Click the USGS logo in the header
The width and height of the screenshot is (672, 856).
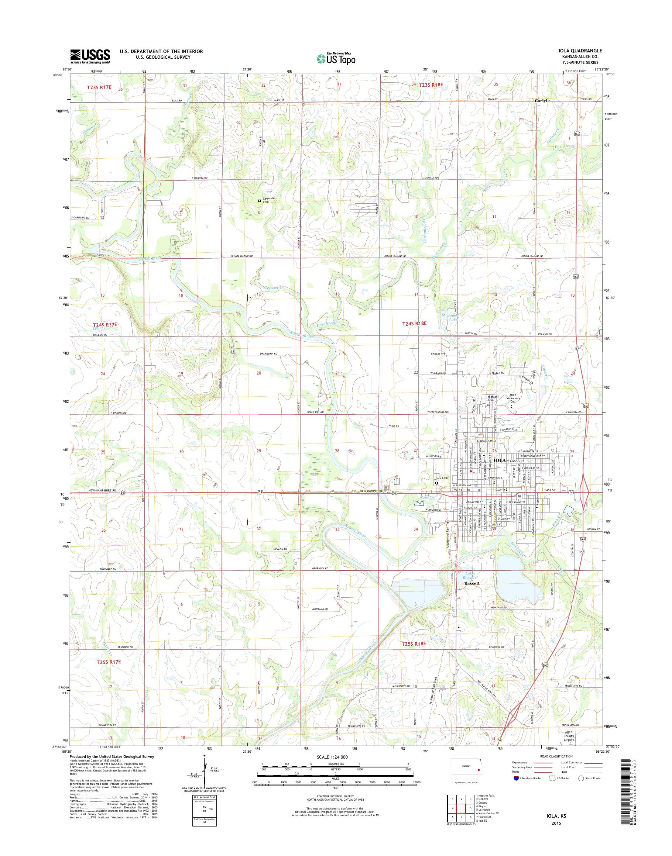[x=90, y=56]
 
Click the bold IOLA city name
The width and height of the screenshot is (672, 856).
[x=499, y=460]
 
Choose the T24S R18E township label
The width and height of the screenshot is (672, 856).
[x=414, y=323]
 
